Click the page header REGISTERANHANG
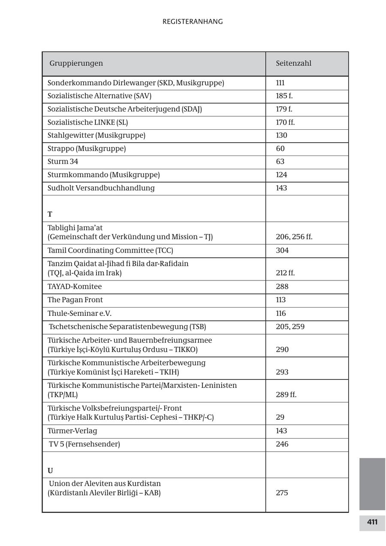click(x=193, y=21)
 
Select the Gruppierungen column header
click(x=76, y=63)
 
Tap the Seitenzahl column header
click(x=293, y=63)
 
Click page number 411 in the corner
click(x=372, y=522)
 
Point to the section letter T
click(x=50, y=214)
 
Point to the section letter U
click(x=50, y=470)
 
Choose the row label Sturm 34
click(x=63, y=162)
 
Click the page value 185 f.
click(x=284, y=96)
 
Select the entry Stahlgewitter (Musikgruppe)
click(x=96, y=135)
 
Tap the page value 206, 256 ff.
click(x=294, y=237)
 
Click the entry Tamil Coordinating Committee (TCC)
click(x=110, y=250)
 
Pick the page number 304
click(x=282, y=250)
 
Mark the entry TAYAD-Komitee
click(x=75, y=287)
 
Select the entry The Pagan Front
click(x=75, y=300)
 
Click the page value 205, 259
click(x=290, y=326)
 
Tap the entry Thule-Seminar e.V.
click(x=79, y=314)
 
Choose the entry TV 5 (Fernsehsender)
click(x=84, y=444)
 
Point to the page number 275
click(x=282, y=493)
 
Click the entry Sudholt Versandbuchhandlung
click(x=101, y=188)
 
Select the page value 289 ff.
click(x=286, y=394)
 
